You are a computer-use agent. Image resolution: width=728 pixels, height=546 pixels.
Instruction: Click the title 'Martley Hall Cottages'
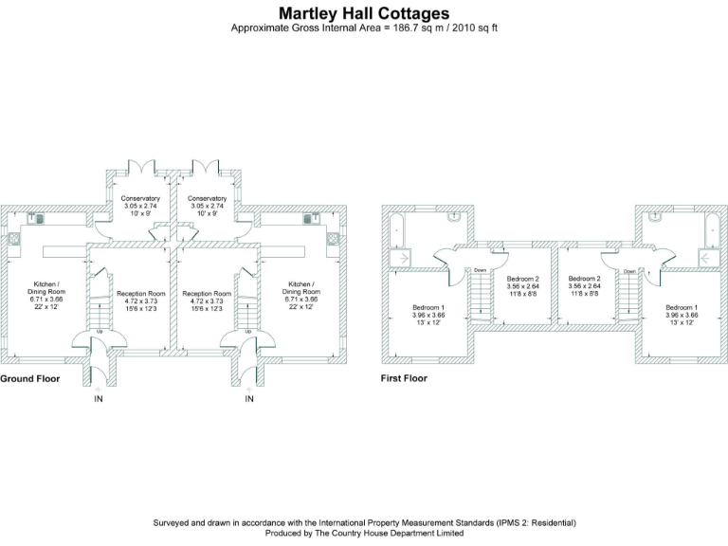pos(364,13)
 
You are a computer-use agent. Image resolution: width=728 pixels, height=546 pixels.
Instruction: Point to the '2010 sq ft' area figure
pos(474,28)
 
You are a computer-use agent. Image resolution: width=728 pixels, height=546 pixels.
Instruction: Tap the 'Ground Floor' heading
pos(30,379)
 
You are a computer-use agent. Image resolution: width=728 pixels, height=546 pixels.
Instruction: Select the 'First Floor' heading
pos(403,379)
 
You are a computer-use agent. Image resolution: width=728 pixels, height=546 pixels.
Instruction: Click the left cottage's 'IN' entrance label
pos(99,399)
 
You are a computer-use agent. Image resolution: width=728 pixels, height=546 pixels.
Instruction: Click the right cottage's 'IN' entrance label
pos(249,399)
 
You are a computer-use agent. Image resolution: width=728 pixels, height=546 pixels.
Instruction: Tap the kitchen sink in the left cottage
pos(13,239)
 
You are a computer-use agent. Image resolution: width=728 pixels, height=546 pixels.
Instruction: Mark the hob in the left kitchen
pos(40,218)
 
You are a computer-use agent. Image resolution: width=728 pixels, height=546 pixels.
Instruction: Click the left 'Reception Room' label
pos(141,294)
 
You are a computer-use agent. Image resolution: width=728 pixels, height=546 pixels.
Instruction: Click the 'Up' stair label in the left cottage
pos(99,332)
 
